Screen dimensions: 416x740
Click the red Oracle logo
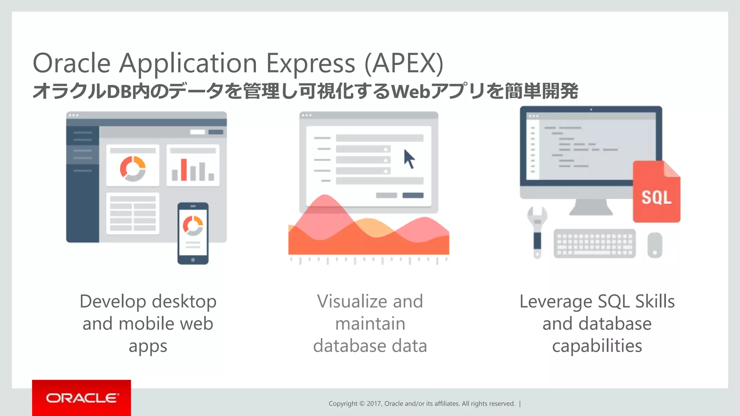click(82, 398)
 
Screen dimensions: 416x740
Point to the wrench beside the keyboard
click(537, 231)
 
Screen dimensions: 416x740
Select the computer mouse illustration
click(654, 245)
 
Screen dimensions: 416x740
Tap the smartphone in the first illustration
click(193, 233)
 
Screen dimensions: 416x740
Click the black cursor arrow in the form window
click(409, 159)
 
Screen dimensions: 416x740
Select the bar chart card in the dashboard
click(193, 165)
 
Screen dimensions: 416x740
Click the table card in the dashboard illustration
click(133, 213)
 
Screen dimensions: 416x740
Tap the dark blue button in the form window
click(413, 195)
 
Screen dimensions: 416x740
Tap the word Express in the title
click(311, 64)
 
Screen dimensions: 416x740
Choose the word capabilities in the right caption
click(597, 346)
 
